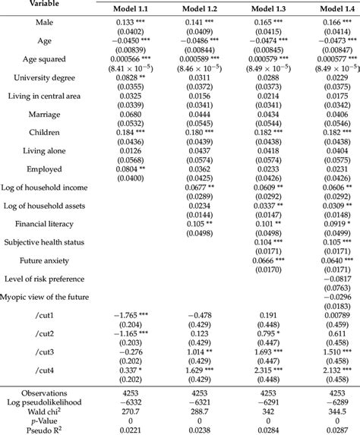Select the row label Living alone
49,153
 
